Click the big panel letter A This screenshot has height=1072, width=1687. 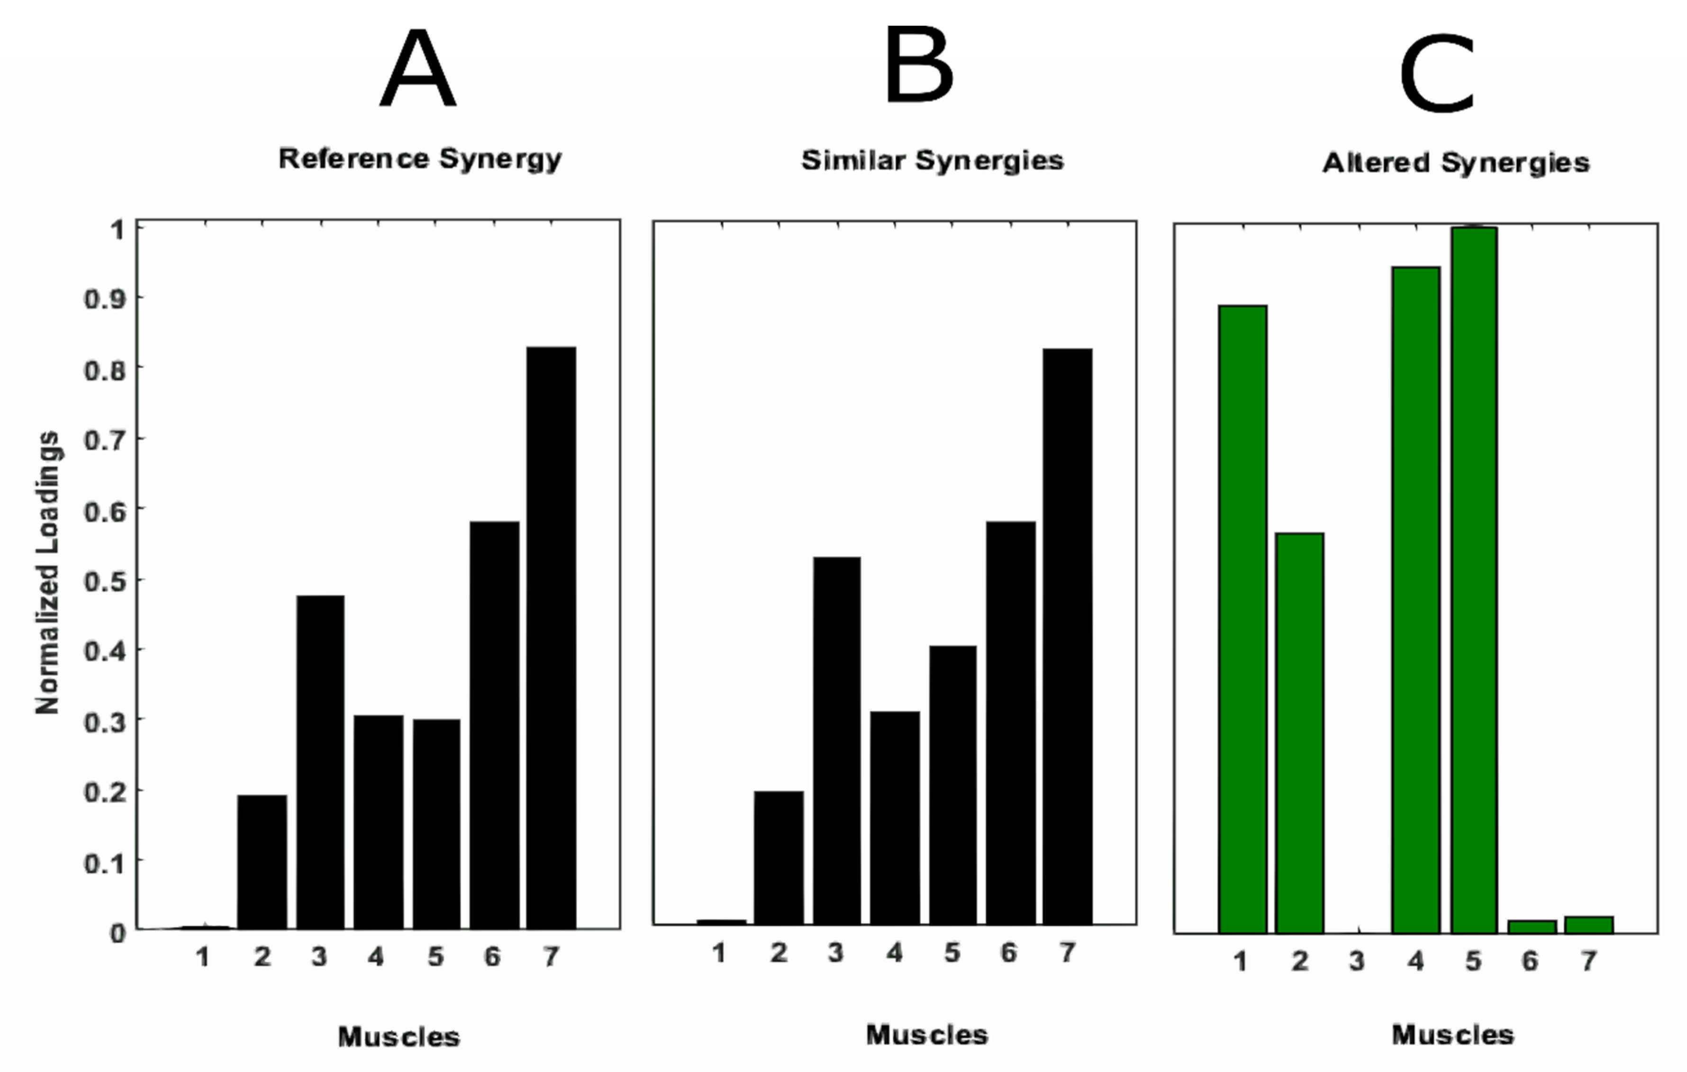pyautogui.click(x=418, y=70)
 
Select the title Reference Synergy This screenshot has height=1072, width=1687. pyautogui.click(x=420, y=159)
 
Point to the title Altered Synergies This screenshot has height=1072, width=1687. pyautogui.click(x=1455, y=162)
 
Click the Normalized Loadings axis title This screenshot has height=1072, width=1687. pyautogui.click(x=48, y=572)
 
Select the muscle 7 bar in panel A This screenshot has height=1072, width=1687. pyautogui.click(x=552, y=637)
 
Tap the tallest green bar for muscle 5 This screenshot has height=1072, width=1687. pyautogui.click(x=1473, y=580)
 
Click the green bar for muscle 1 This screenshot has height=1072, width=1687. pyautogui.click(x=1242, y=619)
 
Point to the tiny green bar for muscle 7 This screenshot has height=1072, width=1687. pyautogui.click(x=1589, y=925)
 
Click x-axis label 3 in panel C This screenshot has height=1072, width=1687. pyautogui.click(x=1357, y=961)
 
